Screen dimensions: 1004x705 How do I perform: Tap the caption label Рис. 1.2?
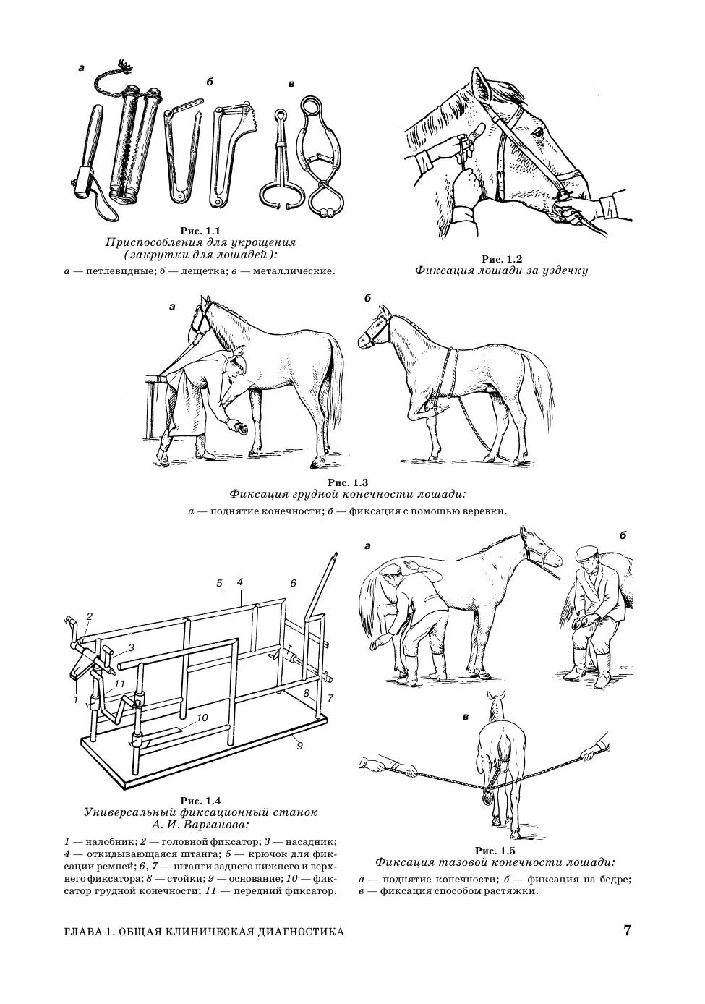pos(501,259)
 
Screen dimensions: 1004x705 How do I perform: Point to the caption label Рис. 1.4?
pos(200,801)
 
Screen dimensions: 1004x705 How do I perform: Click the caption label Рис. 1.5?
pos(495,851)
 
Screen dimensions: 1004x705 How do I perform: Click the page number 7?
pos(628,930)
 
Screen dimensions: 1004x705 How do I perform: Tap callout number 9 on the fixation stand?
pos(299,746)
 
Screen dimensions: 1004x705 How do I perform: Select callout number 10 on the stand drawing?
pos(202,718)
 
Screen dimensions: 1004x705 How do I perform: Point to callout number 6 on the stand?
pos(293,583)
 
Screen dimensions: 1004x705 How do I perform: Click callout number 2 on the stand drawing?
pos(90,616)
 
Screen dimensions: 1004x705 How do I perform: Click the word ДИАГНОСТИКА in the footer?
pos(294,932)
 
